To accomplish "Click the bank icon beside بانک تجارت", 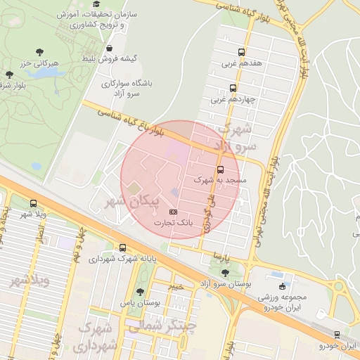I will tap(173, 212).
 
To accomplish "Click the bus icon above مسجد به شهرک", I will tap(220, 169).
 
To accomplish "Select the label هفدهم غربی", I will tap(240, 63).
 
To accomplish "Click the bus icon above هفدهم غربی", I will tap(242, 52).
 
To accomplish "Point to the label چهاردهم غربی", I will tap(233, 99).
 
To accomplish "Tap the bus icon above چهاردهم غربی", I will tap(233, 89).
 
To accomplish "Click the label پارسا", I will tap(222, 258).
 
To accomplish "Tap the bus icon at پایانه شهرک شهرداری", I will tap(124, 247).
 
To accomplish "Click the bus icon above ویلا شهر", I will tap(33, 203).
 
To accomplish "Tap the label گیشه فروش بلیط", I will tap(111, 58).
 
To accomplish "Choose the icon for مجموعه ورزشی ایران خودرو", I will tap(283, 286).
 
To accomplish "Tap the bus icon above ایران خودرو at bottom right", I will tap(337, 335).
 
